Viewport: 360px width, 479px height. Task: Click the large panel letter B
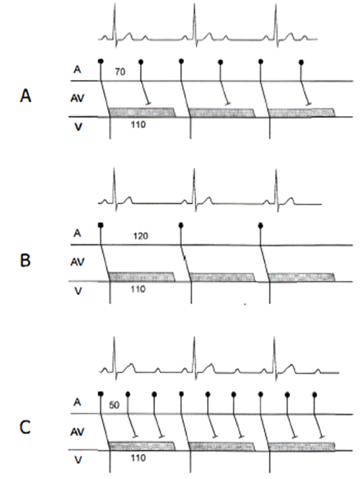click(x=25, y=261)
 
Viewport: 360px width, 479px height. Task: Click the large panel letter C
click(x=25, y=427)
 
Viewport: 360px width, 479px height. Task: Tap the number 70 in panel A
click(x=120, y=72)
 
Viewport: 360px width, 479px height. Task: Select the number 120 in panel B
click(x=140, y=236)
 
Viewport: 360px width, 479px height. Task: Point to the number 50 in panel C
click(x=114, y=405)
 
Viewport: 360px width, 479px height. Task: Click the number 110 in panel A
click(x=138, y=125)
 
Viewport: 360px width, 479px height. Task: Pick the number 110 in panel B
click(x=138, y=289)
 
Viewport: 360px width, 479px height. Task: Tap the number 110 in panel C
click(x=138, y=458)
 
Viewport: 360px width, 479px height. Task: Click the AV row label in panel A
click(x=78, y=98)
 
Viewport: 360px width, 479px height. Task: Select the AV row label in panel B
click(x=78, y=262)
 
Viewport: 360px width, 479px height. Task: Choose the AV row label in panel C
click(x=78, y=431)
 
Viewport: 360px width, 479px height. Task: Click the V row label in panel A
click(x=78, y=127)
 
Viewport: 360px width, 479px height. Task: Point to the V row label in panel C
click(x=78, y=460)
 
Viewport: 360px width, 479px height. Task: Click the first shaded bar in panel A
click(x=142, y=112)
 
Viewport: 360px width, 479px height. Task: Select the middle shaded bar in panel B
click(x=222, y=277)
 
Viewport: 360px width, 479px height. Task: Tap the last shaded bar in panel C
click(x=301, y=446)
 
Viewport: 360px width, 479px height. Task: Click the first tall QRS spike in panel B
click(x=115, y=189)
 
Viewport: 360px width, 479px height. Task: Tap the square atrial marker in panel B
click(x=101, y=225)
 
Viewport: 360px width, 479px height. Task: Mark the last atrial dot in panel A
click(x=301, y=62)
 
